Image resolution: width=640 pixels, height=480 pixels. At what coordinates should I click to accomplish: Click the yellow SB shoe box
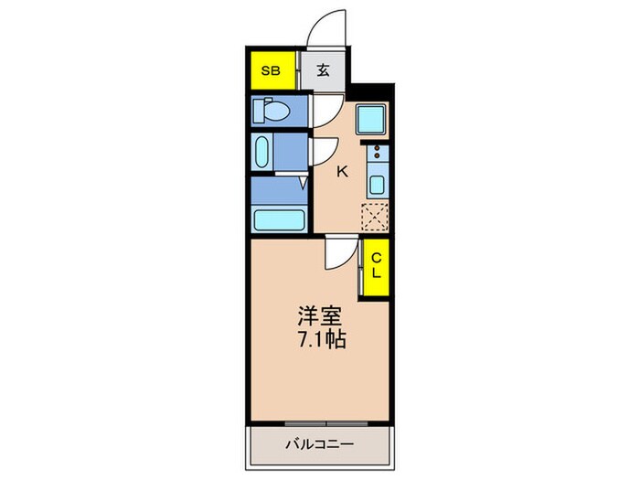point(271,70)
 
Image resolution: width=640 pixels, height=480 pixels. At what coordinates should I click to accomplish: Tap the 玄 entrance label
point(325,70)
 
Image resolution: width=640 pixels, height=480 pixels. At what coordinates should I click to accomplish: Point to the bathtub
point(279,219)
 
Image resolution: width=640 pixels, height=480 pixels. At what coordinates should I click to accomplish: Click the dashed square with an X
point(376,218)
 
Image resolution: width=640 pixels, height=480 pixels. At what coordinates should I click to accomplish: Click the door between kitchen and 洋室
point(340,252)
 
